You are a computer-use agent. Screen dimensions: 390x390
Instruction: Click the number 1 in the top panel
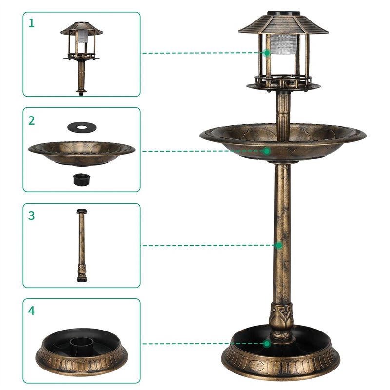32,23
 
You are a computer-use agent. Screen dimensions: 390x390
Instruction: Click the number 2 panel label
32,120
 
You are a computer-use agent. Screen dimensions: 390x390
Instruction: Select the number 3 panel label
32,215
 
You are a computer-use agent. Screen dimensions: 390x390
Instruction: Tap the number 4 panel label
32,311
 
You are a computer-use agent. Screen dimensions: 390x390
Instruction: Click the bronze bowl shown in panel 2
81,152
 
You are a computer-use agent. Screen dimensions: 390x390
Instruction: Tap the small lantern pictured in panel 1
81,54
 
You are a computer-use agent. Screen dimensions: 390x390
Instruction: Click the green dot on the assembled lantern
267,53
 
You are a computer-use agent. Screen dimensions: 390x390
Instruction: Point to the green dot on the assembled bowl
267,151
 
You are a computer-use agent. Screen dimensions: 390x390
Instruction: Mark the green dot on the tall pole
278,245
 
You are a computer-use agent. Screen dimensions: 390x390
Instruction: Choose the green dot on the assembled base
267,344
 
